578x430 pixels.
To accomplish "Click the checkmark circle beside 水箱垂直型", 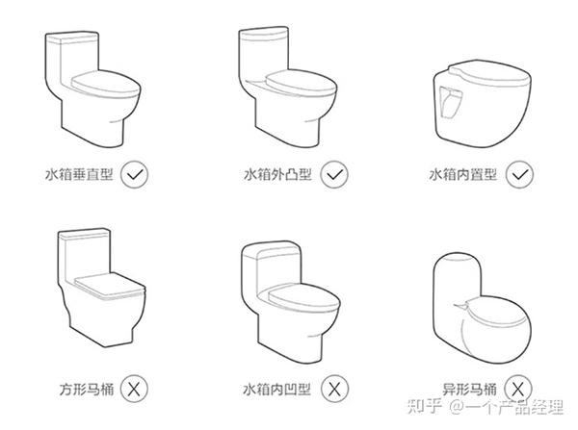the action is (134, 174).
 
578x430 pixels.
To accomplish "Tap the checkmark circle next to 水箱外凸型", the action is (334, 174).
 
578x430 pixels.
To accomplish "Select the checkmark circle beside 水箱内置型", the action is (519, 174).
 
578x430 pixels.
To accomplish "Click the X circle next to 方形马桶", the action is (134, 389).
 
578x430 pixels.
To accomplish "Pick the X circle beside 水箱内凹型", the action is (334, 389).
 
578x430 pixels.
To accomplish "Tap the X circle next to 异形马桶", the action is (518, 389).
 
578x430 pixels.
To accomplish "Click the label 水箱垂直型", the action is (79, 174).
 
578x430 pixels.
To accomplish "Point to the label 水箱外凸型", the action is (278, 174).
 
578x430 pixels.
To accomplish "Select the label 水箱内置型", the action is (463, 174).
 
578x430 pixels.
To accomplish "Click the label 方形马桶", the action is (87, 389).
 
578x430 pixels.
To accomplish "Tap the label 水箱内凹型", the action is (277, 389).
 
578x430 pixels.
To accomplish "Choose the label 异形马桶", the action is (470, 389).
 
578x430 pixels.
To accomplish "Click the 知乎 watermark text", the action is (425, 407).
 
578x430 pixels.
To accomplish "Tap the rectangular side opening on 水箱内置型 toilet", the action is (451, 102).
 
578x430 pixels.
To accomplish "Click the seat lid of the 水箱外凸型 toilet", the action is (301, 83).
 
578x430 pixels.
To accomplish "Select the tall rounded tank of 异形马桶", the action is (457, 284).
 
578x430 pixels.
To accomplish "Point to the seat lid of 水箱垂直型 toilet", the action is (106, 84).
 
